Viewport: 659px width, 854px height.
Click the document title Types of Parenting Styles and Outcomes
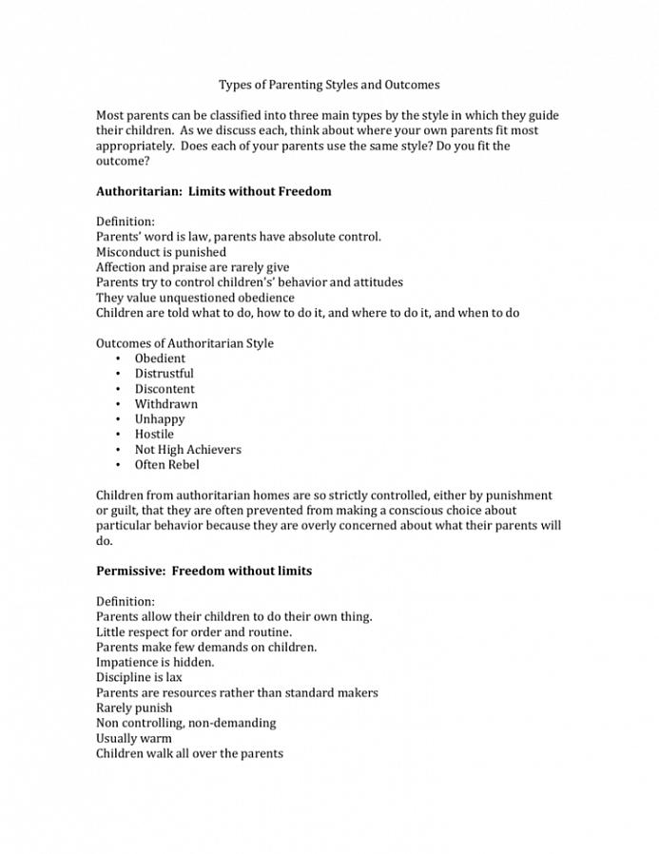pos(329,85)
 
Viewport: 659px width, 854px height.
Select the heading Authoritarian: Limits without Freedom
pos(214,191)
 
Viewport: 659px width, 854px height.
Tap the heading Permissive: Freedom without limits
pos(204,572)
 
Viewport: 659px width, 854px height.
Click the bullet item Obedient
pos(160,359)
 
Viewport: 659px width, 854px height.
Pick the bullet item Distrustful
pos(164,374)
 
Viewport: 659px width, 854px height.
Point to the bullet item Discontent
pos(165,389)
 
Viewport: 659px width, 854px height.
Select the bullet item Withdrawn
pos(166,404)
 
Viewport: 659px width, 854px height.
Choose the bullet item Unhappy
pos(160,419)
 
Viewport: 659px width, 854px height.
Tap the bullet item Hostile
pos(154,435)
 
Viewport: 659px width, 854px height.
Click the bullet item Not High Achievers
pos(187,450)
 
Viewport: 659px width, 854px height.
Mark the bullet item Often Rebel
pos(166,465)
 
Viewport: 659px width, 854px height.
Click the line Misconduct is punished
pos(161,252)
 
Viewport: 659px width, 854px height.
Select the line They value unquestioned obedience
pos(195,298)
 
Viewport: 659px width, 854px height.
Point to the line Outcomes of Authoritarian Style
pos(184,343)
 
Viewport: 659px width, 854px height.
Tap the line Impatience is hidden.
pos(155,663)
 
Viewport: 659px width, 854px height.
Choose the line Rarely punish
pos(134,708)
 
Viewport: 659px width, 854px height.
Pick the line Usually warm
pos(134,739)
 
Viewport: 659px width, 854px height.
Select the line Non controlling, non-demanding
pos(185,724)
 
